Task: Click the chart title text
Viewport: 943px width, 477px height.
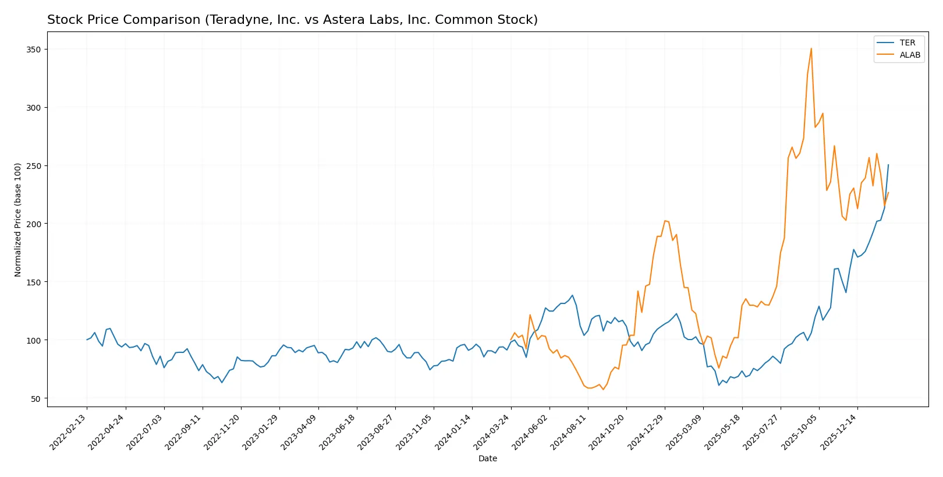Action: click(292, 20)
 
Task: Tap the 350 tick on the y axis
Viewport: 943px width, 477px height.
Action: click(34, 50)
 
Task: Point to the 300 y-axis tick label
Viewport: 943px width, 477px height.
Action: click(34, 108)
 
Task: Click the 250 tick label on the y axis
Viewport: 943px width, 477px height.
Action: click(34, 166)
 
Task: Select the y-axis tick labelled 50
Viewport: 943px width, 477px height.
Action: click(36, 398)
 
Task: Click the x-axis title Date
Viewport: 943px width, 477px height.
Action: click(488, 458)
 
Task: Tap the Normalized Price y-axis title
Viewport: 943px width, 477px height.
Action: click(18, 220)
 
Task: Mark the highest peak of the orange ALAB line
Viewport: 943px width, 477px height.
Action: click(811, 48)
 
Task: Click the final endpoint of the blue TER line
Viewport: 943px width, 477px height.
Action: click(888, 165)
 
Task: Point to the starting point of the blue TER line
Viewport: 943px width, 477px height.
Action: click(87, 340)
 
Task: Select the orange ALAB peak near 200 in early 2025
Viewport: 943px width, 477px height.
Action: click(665, 221)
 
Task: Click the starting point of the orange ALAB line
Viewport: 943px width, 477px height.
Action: click(511, 340)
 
